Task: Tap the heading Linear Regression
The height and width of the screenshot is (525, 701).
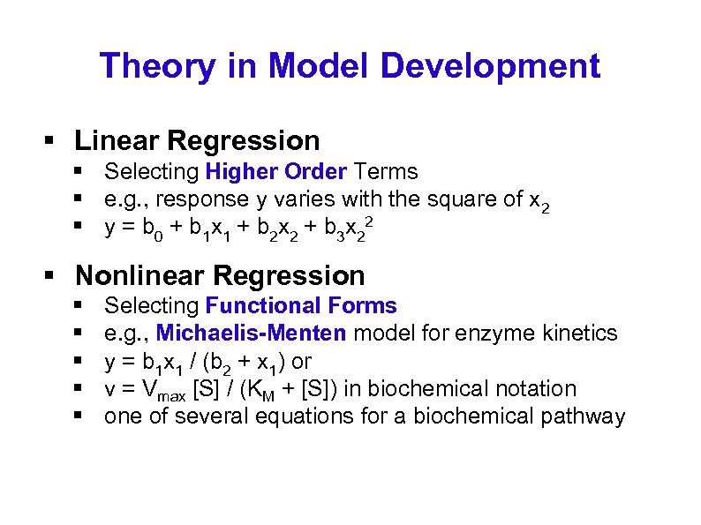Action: point(197,140)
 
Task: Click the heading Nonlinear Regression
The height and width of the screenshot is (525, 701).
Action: point(220,275)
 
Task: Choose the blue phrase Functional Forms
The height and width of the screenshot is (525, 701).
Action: point(301,306)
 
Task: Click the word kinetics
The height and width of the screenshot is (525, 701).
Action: point(578,334)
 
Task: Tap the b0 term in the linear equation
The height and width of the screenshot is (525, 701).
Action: point(157,229)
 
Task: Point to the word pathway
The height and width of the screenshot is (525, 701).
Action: point(589,417)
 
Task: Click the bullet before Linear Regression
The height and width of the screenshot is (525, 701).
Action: point(51,141)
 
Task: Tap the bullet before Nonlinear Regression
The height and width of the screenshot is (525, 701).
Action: point(51,276)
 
